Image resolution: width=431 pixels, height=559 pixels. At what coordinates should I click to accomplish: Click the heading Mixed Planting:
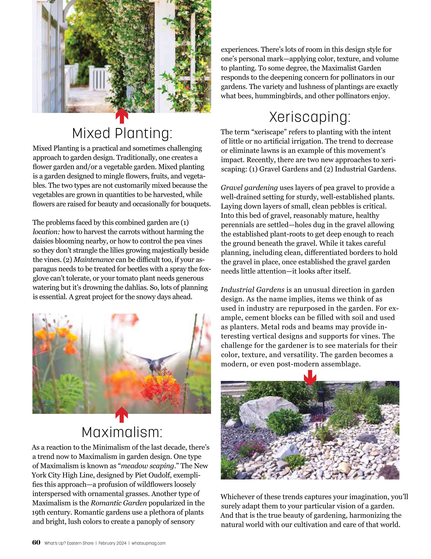point(122,133)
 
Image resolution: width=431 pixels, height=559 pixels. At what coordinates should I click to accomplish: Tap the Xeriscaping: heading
point(310,117)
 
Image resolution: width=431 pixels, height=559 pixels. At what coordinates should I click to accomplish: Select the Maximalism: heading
point(122,432)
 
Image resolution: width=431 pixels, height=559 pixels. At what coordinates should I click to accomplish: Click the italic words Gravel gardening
point(249,188)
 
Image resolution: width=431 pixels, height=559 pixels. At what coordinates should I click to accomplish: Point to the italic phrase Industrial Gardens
point(252,290)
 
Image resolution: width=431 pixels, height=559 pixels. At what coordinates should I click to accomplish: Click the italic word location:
point(46,232)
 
